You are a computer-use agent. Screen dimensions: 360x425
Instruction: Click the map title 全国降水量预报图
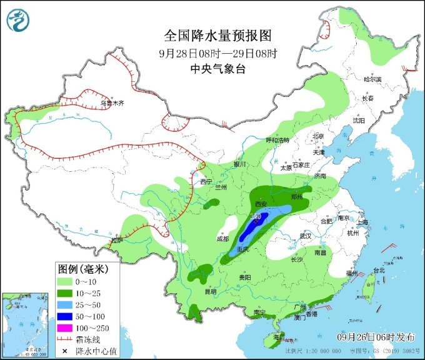[212, 35]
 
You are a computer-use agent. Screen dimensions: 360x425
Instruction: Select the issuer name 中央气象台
[212, 69]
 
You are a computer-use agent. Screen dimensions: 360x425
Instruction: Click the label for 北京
[317, 136]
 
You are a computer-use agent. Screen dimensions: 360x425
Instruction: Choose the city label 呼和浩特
[278, 141]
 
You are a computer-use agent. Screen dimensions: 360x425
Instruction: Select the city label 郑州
[297, 196]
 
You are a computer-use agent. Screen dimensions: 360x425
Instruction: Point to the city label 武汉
[306, 236]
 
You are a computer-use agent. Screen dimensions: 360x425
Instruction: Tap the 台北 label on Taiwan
[379, 271]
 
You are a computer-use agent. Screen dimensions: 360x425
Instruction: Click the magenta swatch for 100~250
[69, 327]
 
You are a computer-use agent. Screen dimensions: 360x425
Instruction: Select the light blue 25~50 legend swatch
[69, 304]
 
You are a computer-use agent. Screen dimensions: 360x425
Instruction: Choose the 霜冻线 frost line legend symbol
[69, 339]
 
